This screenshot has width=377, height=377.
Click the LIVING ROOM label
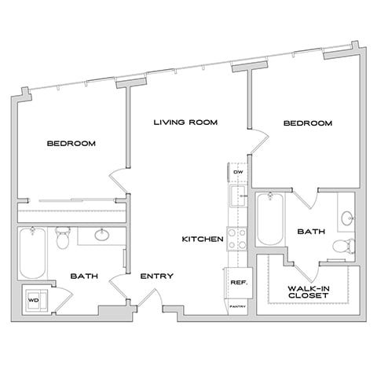point(185,123)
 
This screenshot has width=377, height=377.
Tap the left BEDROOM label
point(71,143)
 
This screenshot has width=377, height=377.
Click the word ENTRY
point(156,276)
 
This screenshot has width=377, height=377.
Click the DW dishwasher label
point(236,172)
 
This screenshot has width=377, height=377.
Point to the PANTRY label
point(238,307)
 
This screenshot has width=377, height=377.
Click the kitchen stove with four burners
point(237,238)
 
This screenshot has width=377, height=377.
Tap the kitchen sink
point(236,196)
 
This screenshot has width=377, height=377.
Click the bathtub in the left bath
point(32,253)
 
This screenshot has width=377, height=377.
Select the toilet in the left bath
point(63,238)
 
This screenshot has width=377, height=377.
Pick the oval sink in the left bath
point(102,234)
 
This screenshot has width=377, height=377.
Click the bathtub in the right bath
point(268,220)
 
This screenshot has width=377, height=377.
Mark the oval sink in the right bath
point(348,216)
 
